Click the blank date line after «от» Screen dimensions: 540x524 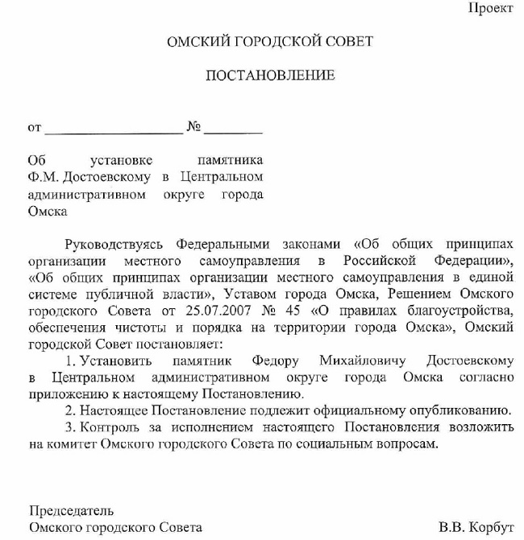tap(114, 129)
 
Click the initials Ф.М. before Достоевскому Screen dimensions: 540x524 tap(40, 177)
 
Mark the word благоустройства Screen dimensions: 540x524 tap(465, 310)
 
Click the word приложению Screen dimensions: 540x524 tap(61, 394)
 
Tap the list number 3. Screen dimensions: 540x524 tap(69, 428)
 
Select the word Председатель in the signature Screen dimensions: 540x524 tap(71, 510)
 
